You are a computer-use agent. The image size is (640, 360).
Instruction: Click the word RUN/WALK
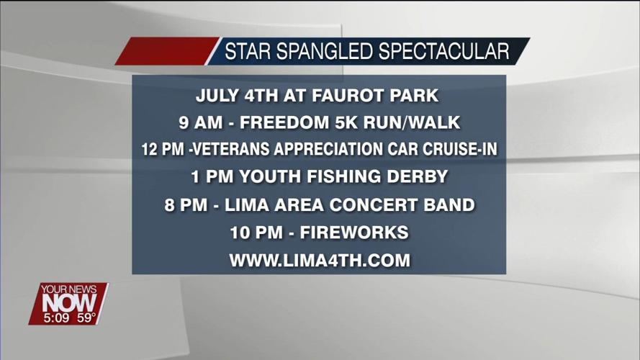415,122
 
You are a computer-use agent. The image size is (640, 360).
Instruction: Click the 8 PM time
184,205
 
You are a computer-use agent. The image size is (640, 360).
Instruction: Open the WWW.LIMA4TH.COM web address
320,261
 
